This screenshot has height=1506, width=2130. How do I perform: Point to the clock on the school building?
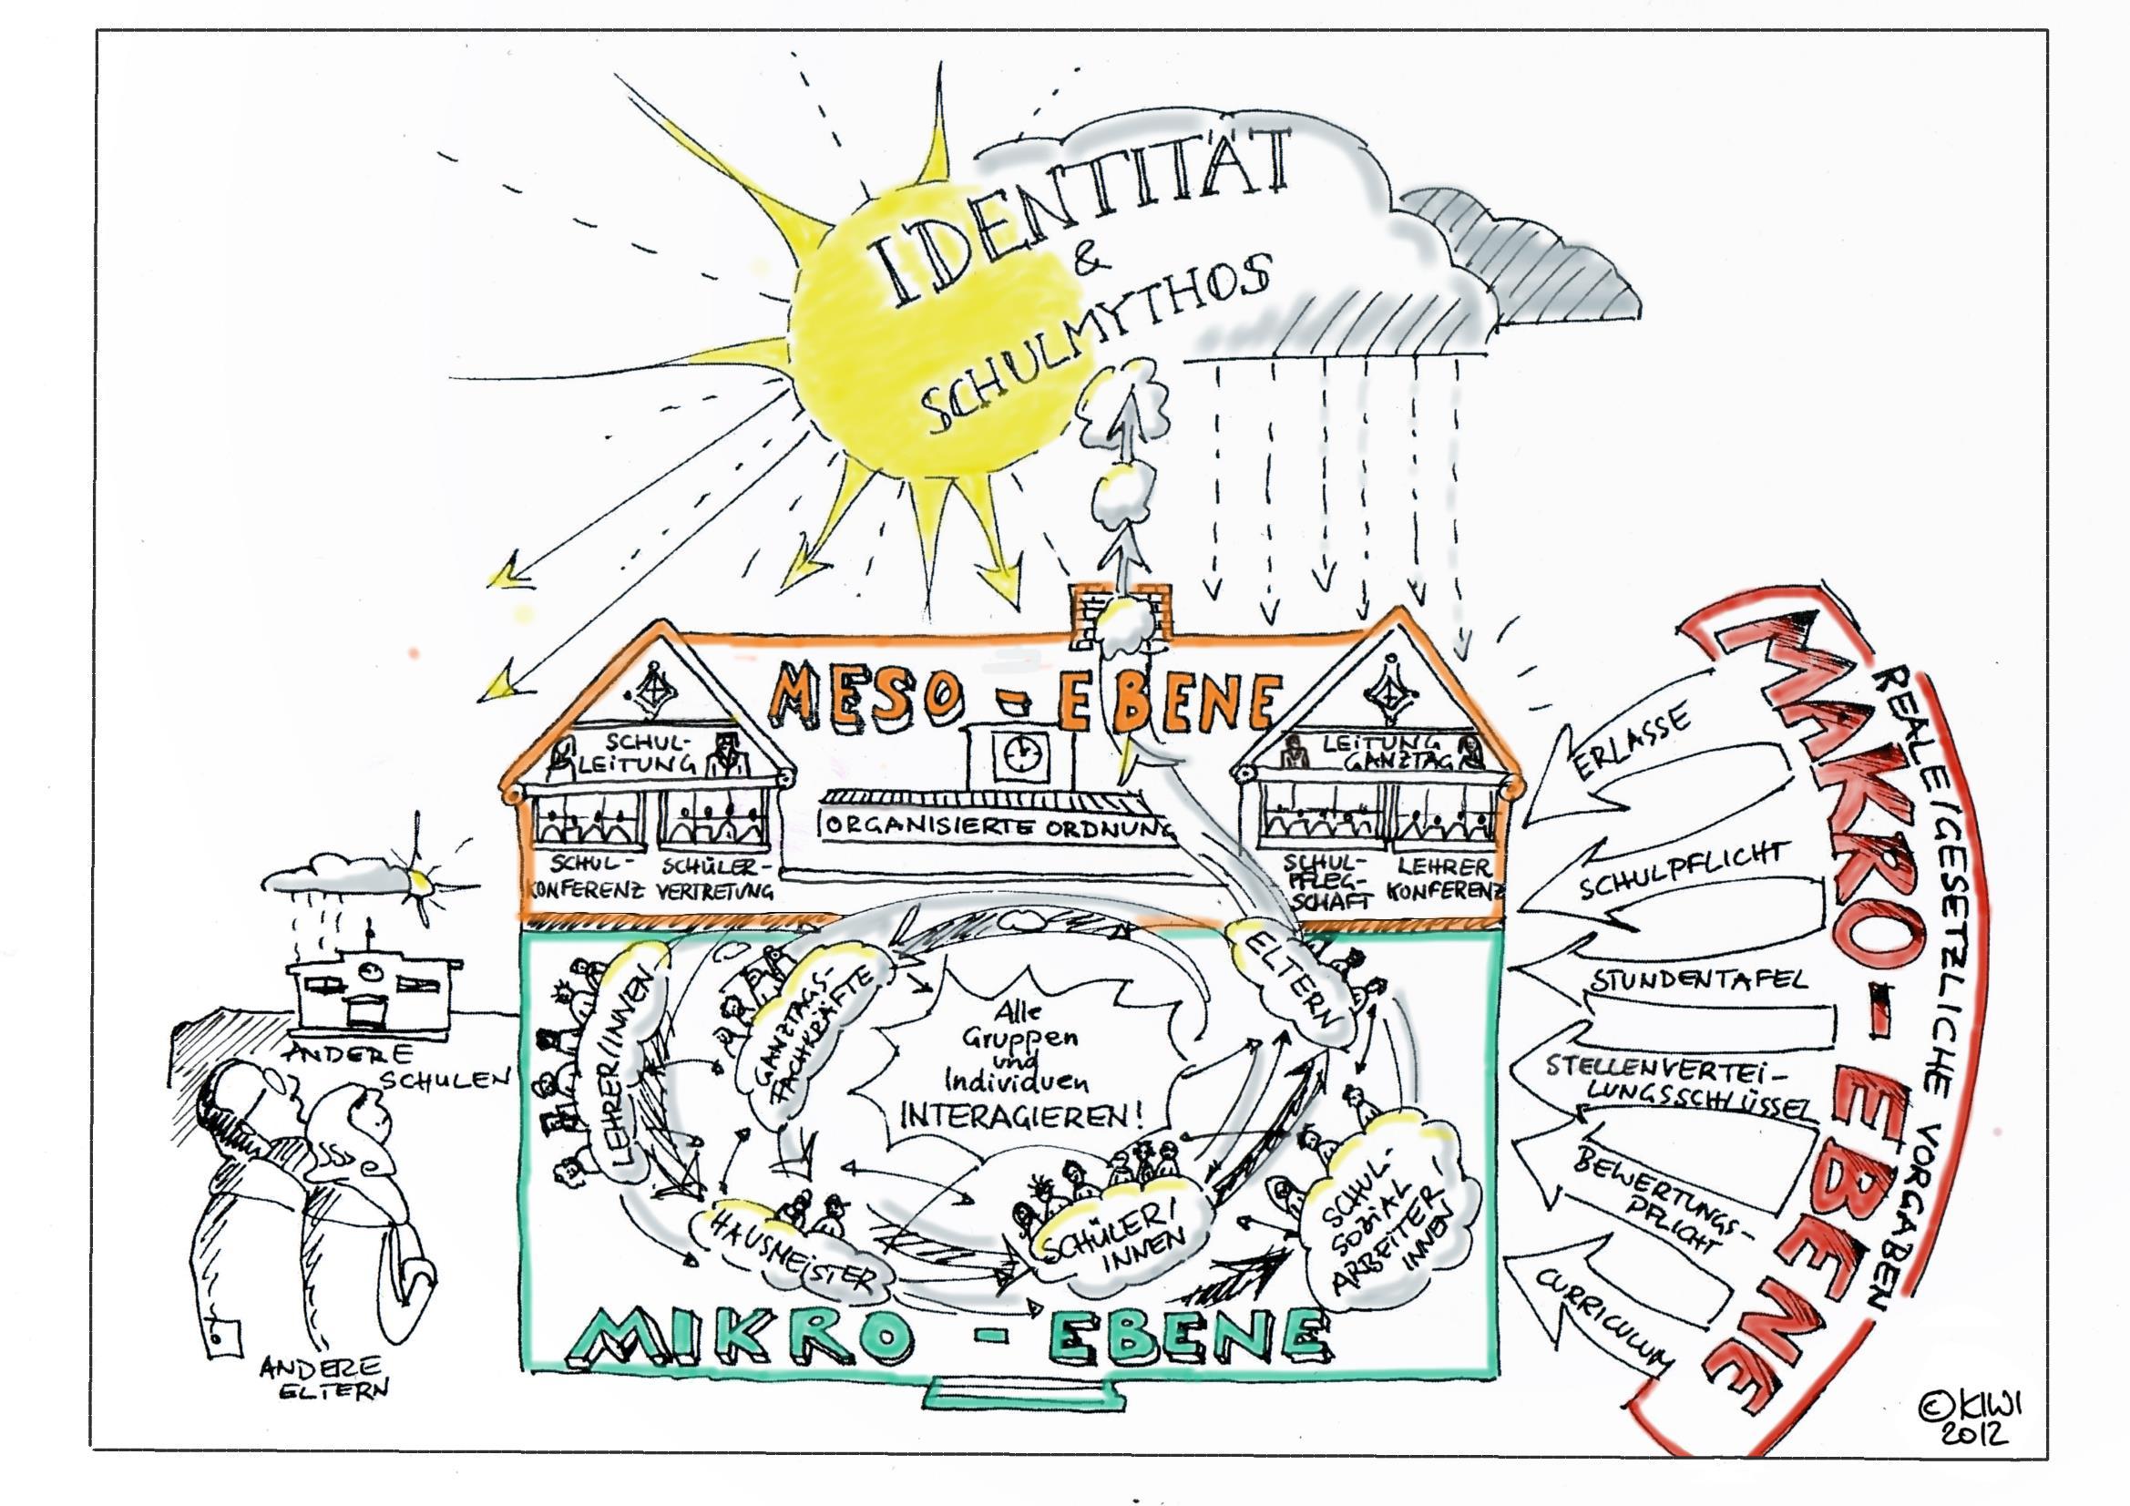[x=1018, y=752]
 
